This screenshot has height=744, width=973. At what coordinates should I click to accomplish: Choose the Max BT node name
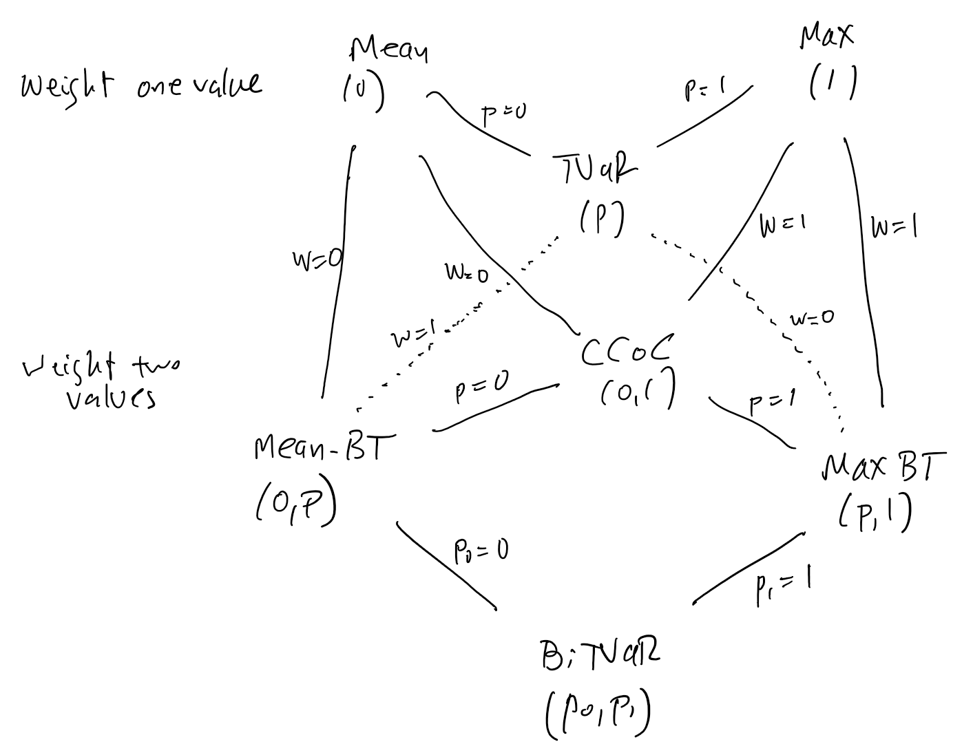(x=883, y=468)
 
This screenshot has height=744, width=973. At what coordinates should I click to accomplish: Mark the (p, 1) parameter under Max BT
(x=876, y=513)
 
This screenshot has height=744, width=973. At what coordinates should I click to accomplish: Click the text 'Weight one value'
(x=141, y=85)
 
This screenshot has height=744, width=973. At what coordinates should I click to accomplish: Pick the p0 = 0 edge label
(x=481, y=551)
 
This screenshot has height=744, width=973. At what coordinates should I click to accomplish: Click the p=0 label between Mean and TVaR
(x=503, y=116)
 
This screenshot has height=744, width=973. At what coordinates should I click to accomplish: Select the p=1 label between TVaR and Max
(x=706, y=90)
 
